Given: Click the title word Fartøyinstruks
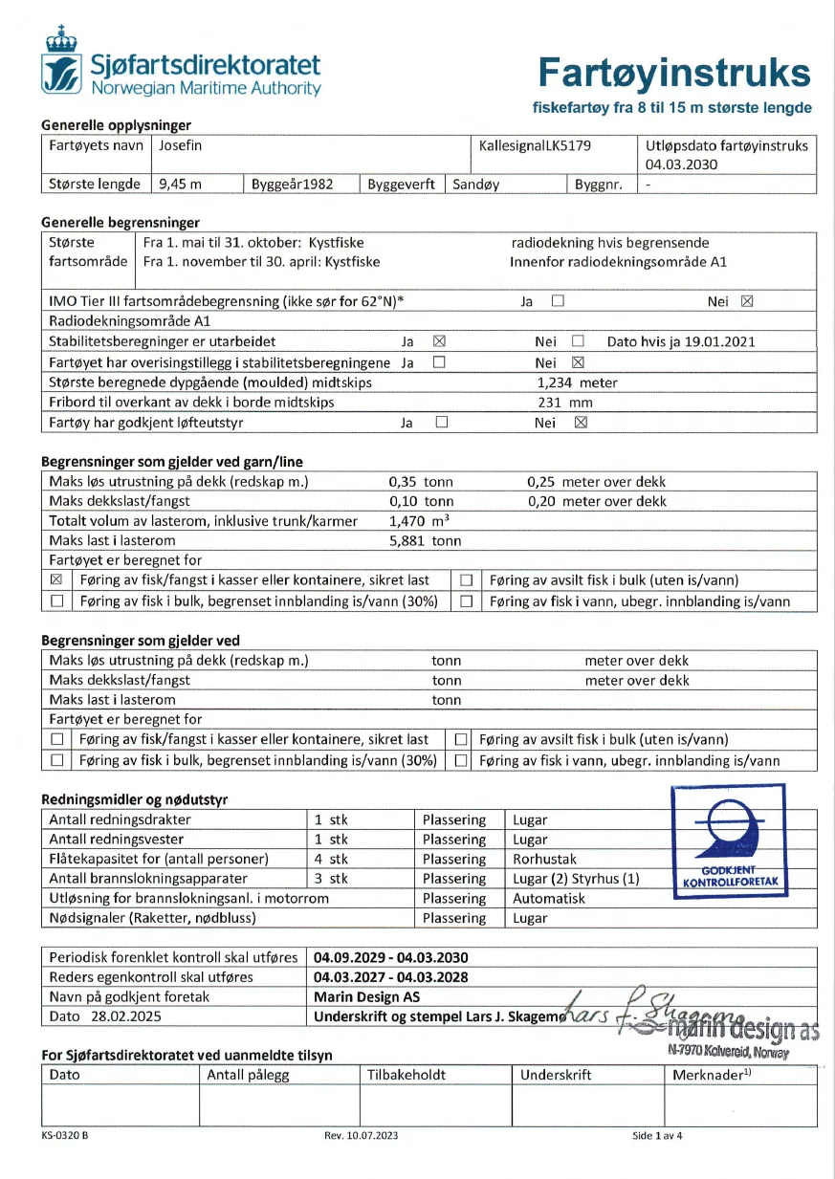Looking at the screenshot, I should (673, 72).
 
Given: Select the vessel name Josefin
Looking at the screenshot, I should (182, 145).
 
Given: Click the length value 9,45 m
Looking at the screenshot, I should (180, 184).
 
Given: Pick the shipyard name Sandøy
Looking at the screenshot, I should (476, 184).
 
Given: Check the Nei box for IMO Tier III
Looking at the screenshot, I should (747, 301).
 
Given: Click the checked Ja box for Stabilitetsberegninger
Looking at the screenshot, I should (440, 341).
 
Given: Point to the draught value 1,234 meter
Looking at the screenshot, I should (577, 382).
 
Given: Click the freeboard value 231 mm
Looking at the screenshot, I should (566, 402).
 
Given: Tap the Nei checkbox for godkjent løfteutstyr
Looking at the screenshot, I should (580, 422).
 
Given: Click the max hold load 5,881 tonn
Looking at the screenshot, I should (425, 540).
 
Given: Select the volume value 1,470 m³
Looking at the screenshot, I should (419, 521).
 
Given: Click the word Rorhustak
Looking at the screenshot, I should (545, 859).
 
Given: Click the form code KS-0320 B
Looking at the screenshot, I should (65, 1136).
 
